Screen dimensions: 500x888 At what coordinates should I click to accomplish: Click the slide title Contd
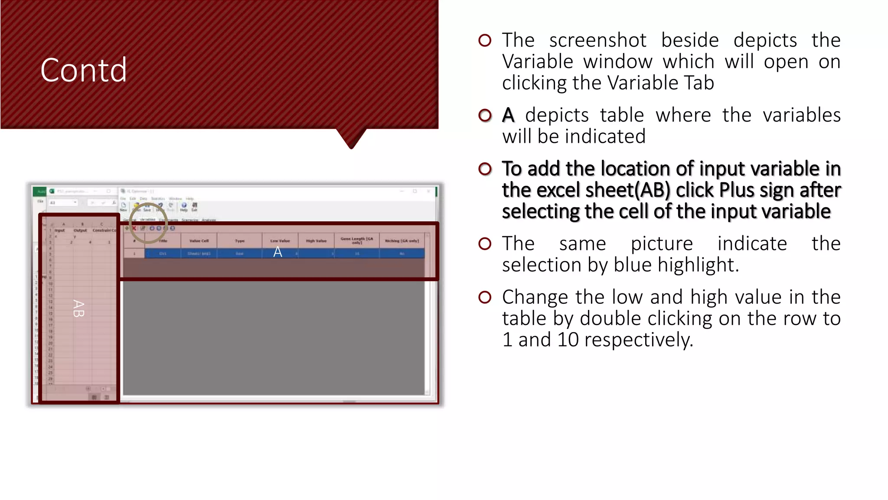point(83,70)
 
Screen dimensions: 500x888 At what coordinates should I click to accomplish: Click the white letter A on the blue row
point(277,252)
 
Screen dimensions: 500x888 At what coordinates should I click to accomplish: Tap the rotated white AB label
point(78,309)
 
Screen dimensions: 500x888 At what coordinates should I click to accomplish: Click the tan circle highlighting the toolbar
point(148,223)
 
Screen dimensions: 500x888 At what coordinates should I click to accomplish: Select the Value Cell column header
point(199,241)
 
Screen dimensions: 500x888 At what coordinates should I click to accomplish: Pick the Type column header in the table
point(239,241)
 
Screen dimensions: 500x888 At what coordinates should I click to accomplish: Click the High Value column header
point(316,241)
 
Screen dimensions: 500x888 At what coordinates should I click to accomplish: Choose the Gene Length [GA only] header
point(357,240)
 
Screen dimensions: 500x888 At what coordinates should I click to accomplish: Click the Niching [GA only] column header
point(402,241)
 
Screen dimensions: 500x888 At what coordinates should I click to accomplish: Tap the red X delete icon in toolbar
point(134,228)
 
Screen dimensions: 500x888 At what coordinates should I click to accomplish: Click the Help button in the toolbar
point(184,207)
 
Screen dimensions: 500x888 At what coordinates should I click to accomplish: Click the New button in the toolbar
point(124,207)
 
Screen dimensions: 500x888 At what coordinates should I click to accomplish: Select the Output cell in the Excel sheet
point(80,230)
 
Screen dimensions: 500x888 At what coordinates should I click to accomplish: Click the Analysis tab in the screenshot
point(209,220)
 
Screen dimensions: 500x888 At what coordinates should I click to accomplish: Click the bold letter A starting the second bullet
point(508,115)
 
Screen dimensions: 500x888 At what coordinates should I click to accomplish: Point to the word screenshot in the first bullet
point(597,40)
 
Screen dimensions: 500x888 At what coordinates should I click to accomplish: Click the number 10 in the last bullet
point(568,339)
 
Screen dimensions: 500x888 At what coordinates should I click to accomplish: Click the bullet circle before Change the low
point(485,297)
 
